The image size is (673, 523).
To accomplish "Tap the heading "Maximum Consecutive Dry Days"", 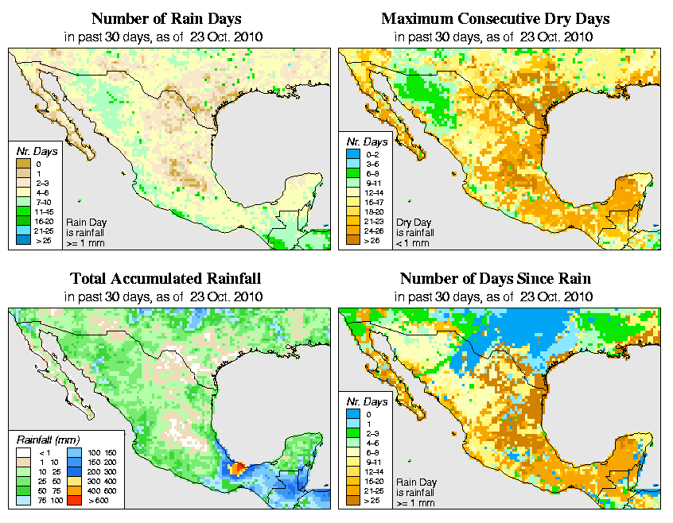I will [x=496, y=18].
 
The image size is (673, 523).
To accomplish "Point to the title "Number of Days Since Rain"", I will [x=496, y=279].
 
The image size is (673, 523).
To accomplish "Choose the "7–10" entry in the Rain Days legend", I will [x=24, y=204].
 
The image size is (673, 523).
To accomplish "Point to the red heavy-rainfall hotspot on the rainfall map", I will [x=235, y=469].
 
